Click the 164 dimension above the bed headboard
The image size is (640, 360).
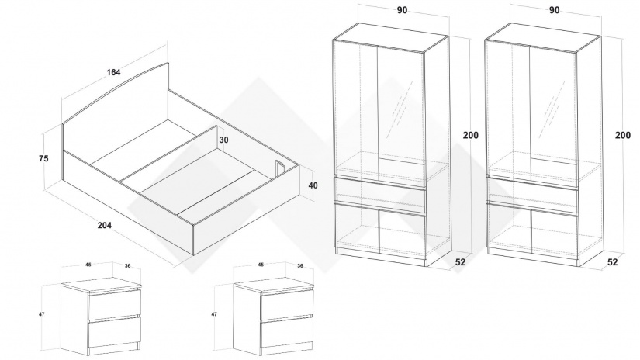coord(113,72)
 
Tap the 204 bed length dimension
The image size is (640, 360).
coord(105,225)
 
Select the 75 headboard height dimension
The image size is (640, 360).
coord(43,158)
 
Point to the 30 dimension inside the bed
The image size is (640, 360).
coord(223,140)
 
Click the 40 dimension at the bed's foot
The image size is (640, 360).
coord(313,185)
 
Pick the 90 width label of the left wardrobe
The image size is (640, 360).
coord(402,10)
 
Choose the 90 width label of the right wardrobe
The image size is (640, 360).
coord(555,10)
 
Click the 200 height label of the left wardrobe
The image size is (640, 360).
coord(471,135)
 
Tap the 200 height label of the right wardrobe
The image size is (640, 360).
coord(623,135)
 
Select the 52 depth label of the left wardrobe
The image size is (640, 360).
coord(460,262)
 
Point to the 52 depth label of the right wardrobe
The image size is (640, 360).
coord(613,262)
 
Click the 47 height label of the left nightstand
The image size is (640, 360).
coord(42,314)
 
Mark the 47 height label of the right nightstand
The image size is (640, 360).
coord(214,314)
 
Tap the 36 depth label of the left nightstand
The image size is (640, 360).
coord(128,265)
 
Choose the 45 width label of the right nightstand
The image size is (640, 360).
coord(261,265)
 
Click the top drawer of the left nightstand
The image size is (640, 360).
coord(114,304)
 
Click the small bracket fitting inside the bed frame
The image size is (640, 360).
coord(279,168)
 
